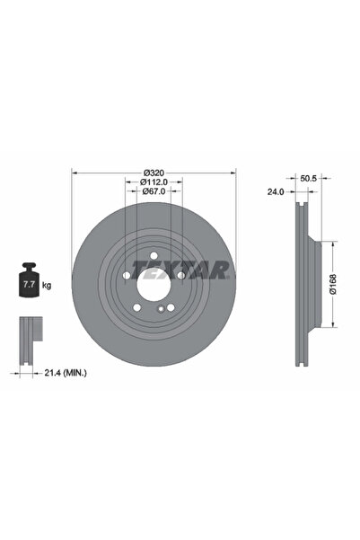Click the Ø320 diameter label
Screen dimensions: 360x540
click(154, 173)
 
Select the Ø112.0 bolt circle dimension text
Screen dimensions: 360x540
click(154, 181)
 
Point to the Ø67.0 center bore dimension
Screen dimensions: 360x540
click(154, 190)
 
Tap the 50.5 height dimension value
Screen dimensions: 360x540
click(308, 179)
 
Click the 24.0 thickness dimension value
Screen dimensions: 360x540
click(276, 192)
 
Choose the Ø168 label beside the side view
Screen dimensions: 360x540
click(333, 284)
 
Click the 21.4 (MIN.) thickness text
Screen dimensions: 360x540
click(66, 372)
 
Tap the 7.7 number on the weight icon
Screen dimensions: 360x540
click(29, 285)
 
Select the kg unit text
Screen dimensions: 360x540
click(47, 285)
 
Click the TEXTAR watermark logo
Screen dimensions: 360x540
click(180, 270)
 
